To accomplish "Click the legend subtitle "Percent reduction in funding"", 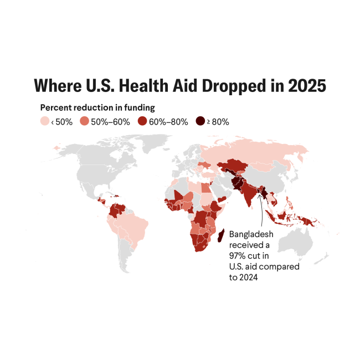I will [x=97, y=107].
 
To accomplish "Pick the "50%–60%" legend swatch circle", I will [x=84, y=121].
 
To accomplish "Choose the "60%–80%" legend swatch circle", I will [x=142, y=121].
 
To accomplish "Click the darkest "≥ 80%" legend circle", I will [x=200, y=121].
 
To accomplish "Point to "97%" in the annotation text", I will [x=238, y=256].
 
